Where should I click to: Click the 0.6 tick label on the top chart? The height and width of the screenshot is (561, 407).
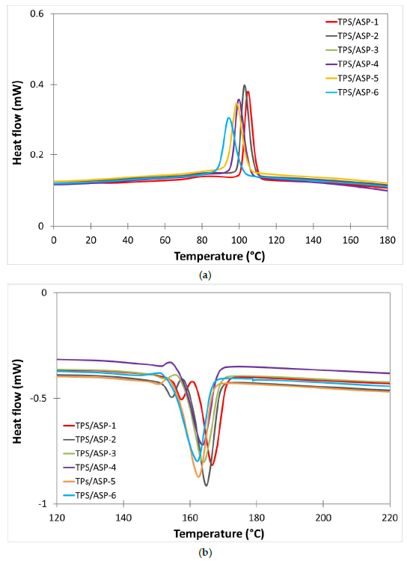point(36,14)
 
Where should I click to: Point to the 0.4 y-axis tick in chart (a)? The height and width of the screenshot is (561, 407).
point(36,85)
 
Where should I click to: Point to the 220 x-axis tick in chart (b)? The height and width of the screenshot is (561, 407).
point(389,518)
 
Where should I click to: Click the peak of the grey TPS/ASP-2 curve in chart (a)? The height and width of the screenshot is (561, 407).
point(244,85)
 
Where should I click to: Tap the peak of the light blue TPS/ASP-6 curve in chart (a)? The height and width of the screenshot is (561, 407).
point(229,118)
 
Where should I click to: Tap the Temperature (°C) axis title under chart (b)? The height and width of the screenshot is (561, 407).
point(219,534)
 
